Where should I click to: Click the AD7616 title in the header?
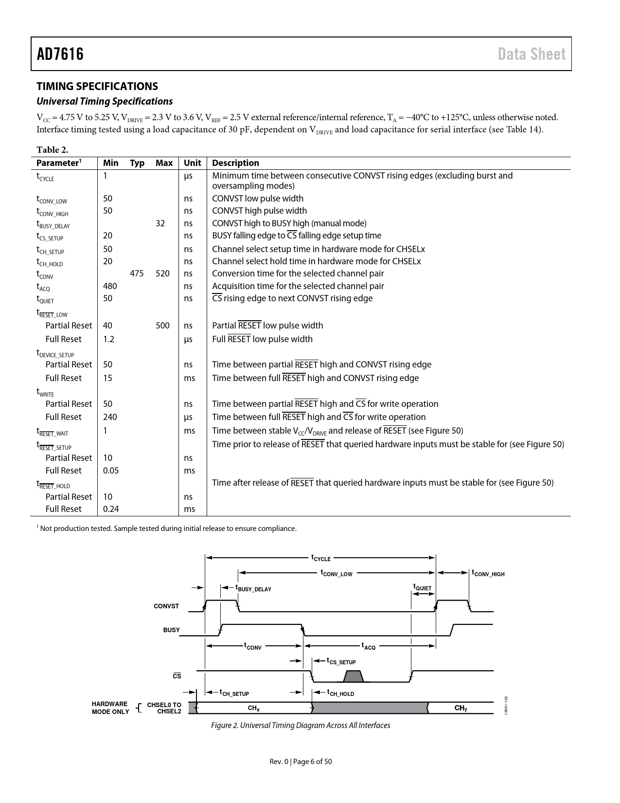pyautogui.click(x=60, y=54)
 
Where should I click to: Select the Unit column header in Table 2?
pyautogui.click(x=193, y=163)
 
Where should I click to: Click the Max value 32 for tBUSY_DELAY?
pyautogui.click(x=160, y=223)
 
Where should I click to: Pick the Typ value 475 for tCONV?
pyautogui.click(x=137, y=274)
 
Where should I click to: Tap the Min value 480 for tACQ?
pyautogui.click(x=110, y=286)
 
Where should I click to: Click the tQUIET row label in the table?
pyautogui.click(x=45, y=299)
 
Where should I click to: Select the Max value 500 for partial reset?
pyautogui.click(x=162, y=326)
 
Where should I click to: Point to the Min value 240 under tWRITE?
pyautogui.click(x=110, y=417)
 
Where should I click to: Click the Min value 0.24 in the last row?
pyautogui.click(x=111, y=509)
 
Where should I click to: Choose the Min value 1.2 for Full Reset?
pyautogui.click(x=108, y=339)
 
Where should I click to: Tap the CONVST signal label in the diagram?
pyautogui.click(x=166, y=606)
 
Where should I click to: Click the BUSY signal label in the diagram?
pyautogui.click(x=171, y=630)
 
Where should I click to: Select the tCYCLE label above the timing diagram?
pyautogui.click(x=321, y=558)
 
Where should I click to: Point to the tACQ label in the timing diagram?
pyautogui.click(x=368, y=646)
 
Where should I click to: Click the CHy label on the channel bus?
pyautogui.click(x=461, y=708)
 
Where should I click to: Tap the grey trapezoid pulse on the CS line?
pyautogui.click(x=354, y=676)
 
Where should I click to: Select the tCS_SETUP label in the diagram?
pyautogui.click(x=341, y=661)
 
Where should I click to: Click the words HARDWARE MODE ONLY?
pyautogui.click(x=110, y=708)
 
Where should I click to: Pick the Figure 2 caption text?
pyautogui.click(x=301, y=726)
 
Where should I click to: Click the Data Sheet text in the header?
pyautogui.click(x=531, y=54)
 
